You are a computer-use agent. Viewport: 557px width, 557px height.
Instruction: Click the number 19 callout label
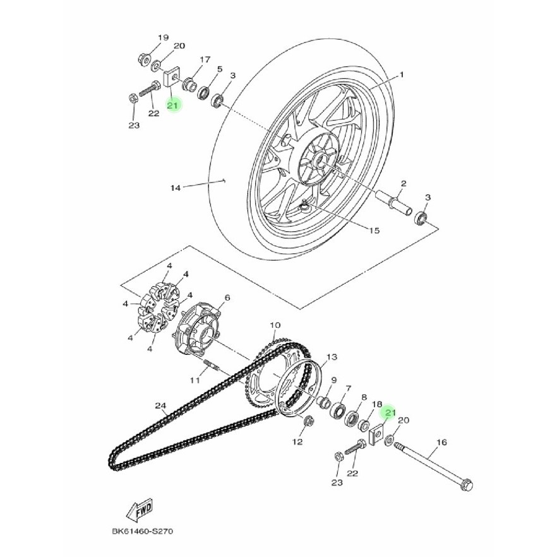tap(162, 38)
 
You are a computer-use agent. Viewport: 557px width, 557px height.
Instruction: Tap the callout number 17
tap(205, 59)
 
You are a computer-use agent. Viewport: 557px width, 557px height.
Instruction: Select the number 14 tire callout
tap(176, 188)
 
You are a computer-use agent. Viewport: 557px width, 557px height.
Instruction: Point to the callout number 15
tap(374, 231)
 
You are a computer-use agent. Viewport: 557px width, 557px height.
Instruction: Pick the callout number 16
tap(441, 443)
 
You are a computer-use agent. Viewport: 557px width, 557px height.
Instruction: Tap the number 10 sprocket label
tap(274, 326)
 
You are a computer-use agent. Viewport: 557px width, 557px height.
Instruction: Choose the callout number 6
tap(227, 297)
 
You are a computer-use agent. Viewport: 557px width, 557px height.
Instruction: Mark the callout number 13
tap(332, 357)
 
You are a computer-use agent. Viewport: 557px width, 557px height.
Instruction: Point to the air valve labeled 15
tap(306, 203)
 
